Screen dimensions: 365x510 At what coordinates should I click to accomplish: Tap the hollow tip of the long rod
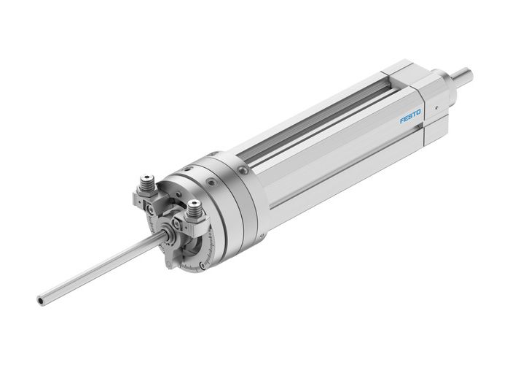[42, 299]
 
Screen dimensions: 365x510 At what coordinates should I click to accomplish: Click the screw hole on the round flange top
[213, 162]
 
